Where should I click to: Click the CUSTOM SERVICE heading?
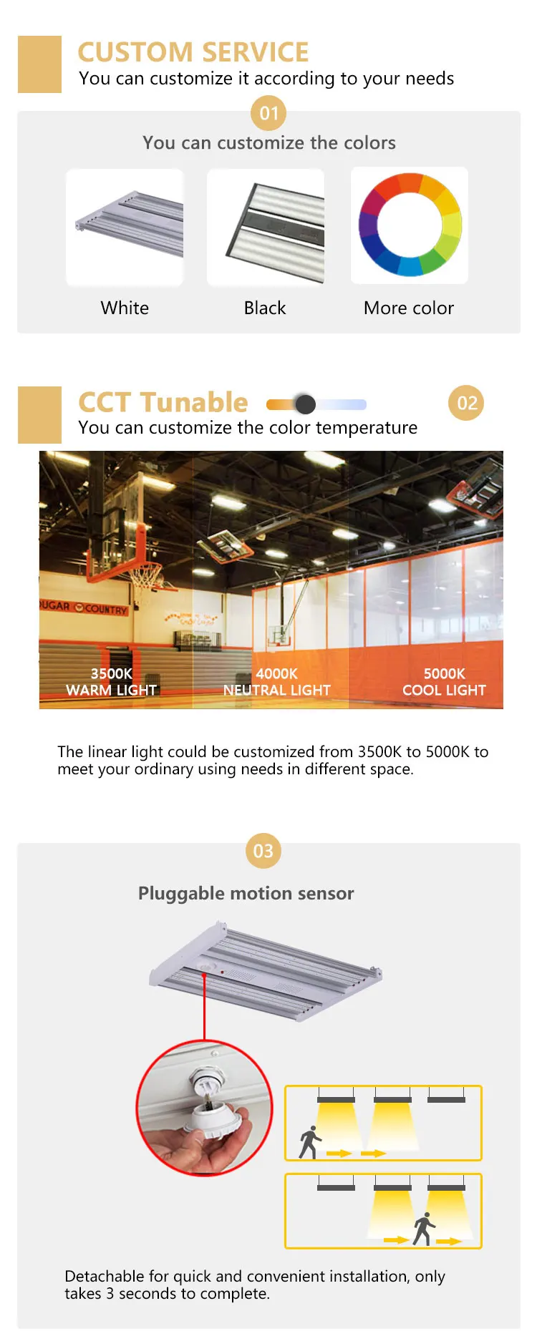click(x=193, y=52)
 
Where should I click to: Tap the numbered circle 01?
click(x=268, y=113)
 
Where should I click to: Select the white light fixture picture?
click(x=125, y=228)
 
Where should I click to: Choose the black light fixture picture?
click(x=266, y=228)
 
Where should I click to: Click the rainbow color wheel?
click(x=410, y=225)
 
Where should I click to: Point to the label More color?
click(x=409, y=308)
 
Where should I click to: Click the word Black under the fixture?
click(x=265, y=308)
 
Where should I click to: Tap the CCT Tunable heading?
click(x=163, y=403)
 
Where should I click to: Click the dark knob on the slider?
click(x=305, y=404)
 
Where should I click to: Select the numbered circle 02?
click(x=466, y=404)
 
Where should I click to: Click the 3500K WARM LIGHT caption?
click(x=111, y=682)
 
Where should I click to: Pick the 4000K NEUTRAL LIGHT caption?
click(x=277, y=682)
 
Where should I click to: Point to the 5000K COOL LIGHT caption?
click(x=444, y=682)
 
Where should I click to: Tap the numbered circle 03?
click(x=263, y=851)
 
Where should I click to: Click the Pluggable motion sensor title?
click(x=246, y=894)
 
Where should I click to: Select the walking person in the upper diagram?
click(x=310, y=1142)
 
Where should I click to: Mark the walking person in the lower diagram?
click(x=424, y=1228)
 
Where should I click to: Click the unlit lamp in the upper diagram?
click(x=446, y=1099)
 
